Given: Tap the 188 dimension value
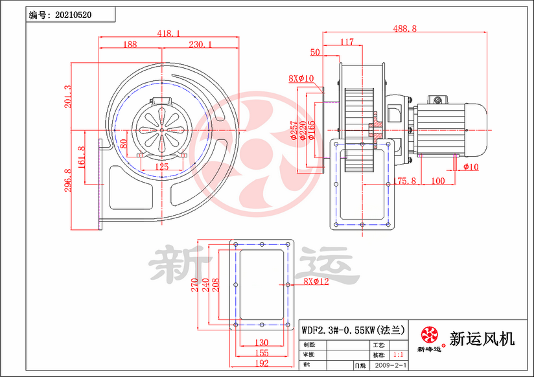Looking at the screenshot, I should pyautogui.click(x=130, y=45).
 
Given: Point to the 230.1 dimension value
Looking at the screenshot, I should pyautogui.click(x=200, y=45).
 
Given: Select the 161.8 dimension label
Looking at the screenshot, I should pyautogui.click(x=81, y=157).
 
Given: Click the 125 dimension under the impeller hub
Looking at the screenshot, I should pyautogui.click(x=162, y=167).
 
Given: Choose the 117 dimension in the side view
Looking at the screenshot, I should pyautogui.click(x=347, y=42).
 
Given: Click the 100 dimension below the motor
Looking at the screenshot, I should pyautogui.click(x=437, y=181).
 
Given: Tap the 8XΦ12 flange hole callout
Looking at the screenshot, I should pyautogui.click(x=316, y=282).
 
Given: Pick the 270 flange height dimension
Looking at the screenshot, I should pyautogui.click(x=194, y=285).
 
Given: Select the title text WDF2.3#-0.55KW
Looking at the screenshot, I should pyautogui.click(x=338, y=330).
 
